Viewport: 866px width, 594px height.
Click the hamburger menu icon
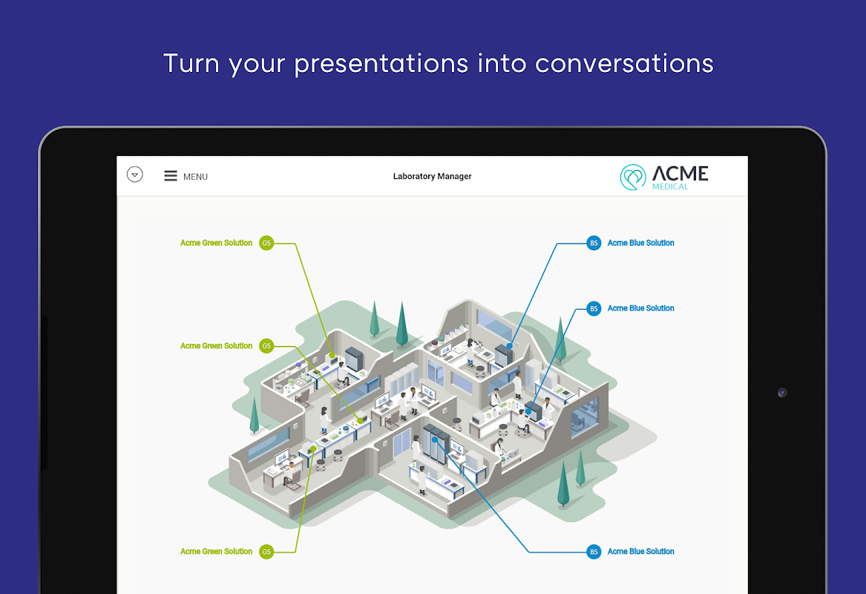pos(171,176)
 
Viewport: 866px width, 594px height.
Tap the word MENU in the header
pos(195,177)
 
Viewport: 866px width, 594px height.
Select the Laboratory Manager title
pos(433,176)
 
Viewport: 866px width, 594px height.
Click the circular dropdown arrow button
pos(135,174)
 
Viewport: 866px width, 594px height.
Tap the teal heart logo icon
pos(633,177)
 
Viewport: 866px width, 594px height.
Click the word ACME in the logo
pos(680,174)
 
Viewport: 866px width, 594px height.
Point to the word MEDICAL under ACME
pos(670,187)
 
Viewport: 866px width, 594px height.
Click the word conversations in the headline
pos(624,63)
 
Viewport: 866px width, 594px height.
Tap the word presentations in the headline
pos(381,64)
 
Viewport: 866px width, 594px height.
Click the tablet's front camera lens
pos(782,393)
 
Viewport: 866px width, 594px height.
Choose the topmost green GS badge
pos(266,243)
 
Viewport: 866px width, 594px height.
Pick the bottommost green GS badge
pos(266,552)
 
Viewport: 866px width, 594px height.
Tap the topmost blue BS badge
pos(594,243)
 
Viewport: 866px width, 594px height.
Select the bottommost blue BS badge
pos(594,552)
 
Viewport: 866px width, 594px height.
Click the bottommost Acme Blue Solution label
pos(640,552)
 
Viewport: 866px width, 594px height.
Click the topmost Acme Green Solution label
pos(217,243)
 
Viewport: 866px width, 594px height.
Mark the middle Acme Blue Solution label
pos(640,308)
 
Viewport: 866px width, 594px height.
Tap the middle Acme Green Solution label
pos(217,346)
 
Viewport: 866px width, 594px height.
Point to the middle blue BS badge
pos(594,308)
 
